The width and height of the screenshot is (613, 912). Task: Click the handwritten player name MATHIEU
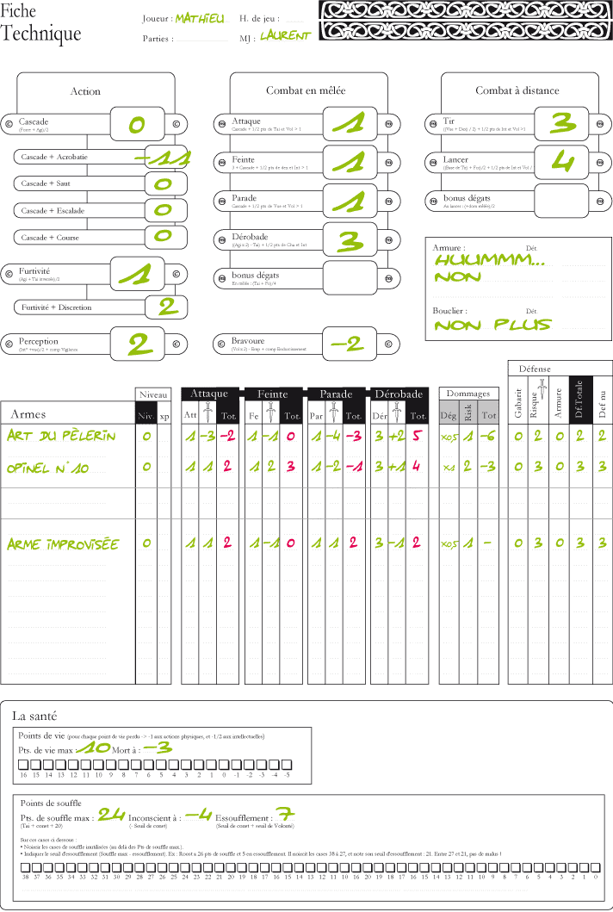[199, 18]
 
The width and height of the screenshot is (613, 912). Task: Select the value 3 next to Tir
[563, 124]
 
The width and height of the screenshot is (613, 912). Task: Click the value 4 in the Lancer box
[563, 162]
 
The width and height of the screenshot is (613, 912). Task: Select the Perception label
[39, 342]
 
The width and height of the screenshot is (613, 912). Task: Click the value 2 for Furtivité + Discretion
[166, 307]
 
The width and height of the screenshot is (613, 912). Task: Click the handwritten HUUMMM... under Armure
[489, 259]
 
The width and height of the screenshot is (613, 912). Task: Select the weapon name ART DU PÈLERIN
[60, 436]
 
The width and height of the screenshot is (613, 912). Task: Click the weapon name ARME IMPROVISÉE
[62, 544]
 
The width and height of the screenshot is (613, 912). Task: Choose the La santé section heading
[34, 715]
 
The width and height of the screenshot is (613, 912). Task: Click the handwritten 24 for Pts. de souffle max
[111, 814]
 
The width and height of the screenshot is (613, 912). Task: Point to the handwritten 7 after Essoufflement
[287, 815]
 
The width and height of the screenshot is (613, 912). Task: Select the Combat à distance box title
[517, 90]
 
